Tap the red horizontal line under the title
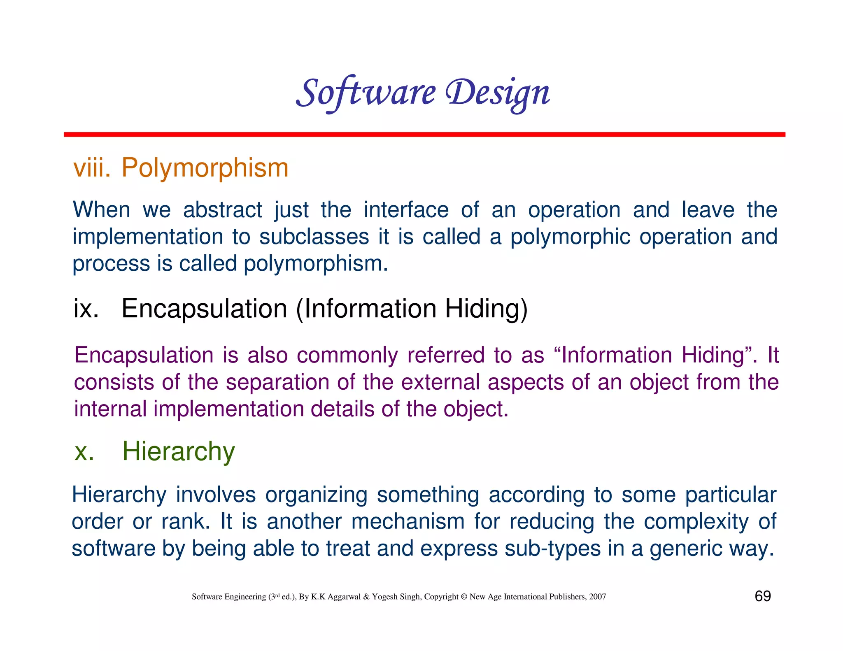tap(424, 135)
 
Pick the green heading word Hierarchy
tap(179, 451)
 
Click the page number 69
tap(762, 596)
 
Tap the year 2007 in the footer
tap(597, 597)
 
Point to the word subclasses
tap(314, 237)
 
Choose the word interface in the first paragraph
tap(406, 210)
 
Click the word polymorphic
tap(570, 237)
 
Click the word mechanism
tap(408, 521)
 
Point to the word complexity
tap(696, 521)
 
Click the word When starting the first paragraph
tap(101, 210)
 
